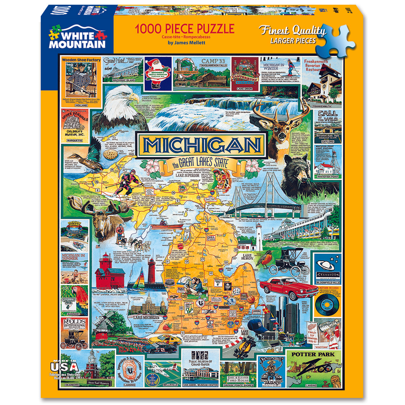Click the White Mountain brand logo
click(x=77, y=38)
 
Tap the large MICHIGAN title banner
click(x=202, y=145)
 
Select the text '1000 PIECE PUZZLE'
click(x=184, y=29)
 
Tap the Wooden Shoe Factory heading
click(x=81, y=60)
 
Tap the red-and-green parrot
click(x=78, y=300)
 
